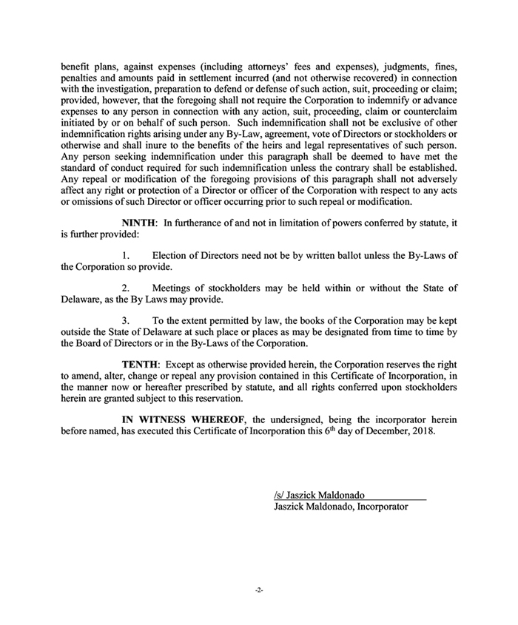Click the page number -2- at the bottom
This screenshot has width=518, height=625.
[x=259, y=591]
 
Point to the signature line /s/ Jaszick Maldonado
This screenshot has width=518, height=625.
[x=318, y=495]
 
